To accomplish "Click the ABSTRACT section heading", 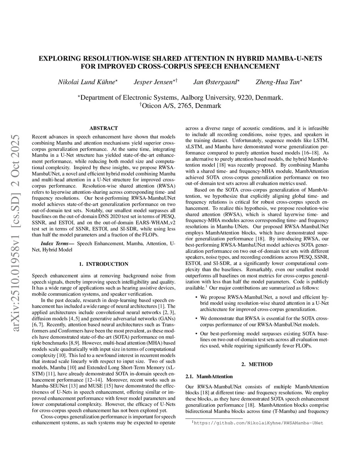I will pyautogui.click(x=104, y=128).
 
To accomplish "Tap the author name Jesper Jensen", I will pyautogui.click(x=153, y=82).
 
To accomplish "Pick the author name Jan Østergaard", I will pyautogui.click(x=215, y=82).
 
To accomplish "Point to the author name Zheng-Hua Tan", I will pyautogui.click(x=278, y=82).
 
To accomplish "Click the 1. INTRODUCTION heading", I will pyautogui.click(x=104, y=264).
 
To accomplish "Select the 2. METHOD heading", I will pyautogui.click(x=257, y=364).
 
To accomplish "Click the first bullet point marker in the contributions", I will pyautogui.click(x=196, y=297).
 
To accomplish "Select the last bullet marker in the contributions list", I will pyautogui.click(x=196, y=333).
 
